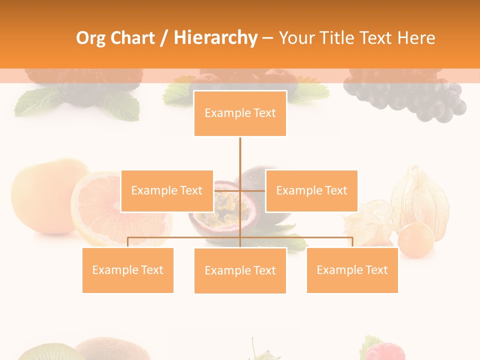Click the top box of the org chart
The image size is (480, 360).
coord(240,113)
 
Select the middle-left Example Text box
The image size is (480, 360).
coord(167,190)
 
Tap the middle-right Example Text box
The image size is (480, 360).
coord(311,190)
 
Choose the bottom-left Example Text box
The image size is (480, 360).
coord(127,270)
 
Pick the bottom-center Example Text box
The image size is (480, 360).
coord(240,270)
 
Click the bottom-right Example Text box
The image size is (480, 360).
coord(352,270)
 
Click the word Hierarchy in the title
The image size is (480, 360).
coord(215,38)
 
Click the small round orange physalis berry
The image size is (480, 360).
coord(415,240)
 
